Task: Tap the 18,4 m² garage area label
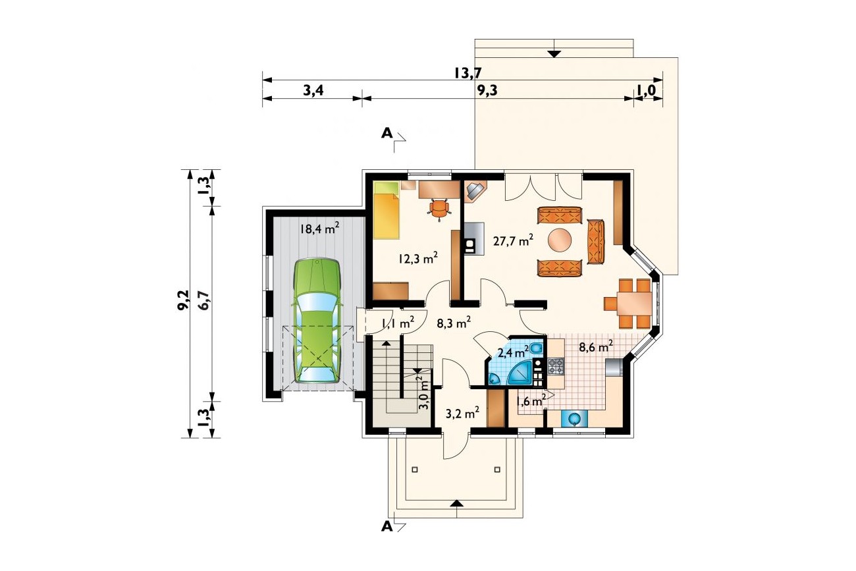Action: [319, 229]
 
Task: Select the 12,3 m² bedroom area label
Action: [417, 259]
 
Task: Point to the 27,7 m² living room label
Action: [513, 241]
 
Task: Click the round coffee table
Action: [560, 240]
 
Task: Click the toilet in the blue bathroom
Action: [536, 348]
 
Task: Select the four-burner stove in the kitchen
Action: [556, 366]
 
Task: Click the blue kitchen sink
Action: [574, 418]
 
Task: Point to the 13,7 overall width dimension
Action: [468, 72]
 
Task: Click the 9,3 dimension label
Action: [488, 91]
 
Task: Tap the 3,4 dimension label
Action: [313, 91]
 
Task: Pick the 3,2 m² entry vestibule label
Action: [462, 413]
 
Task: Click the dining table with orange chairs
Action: [628, 304]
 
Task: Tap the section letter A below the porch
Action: [387, 527]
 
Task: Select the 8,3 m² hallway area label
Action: [453, 323]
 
